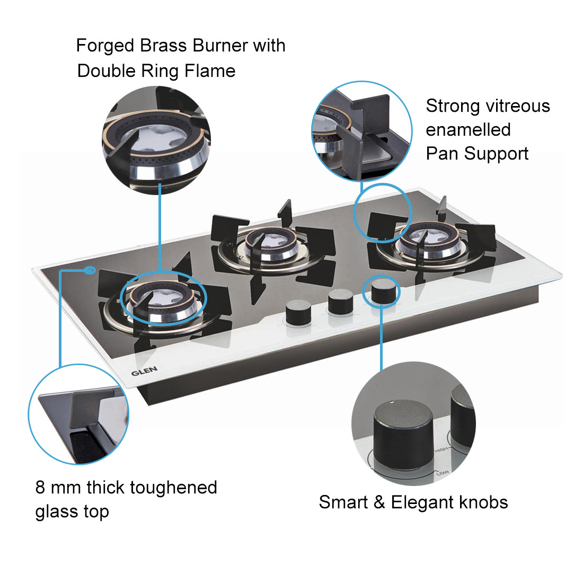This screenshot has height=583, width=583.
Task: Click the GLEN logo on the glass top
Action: click(x=144, y=371)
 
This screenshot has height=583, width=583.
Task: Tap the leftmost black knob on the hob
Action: click(x=298, y=313)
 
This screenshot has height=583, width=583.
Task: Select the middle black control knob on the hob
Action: click(x=340, y=303)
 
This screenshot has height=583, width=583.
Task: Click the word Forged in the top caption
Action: click(x=105, y=46)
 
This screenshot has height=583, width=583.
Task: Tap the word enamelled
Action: click(x=468, y=130)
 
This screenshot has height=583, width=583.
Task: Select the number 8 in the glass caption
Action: click(x=40, y=488)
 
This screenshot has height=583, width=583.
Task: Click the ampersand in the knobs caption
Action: click(x=379, y=502)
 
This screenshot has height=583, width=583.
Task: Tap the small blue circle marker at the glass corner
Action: click(x=90, y=271)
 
